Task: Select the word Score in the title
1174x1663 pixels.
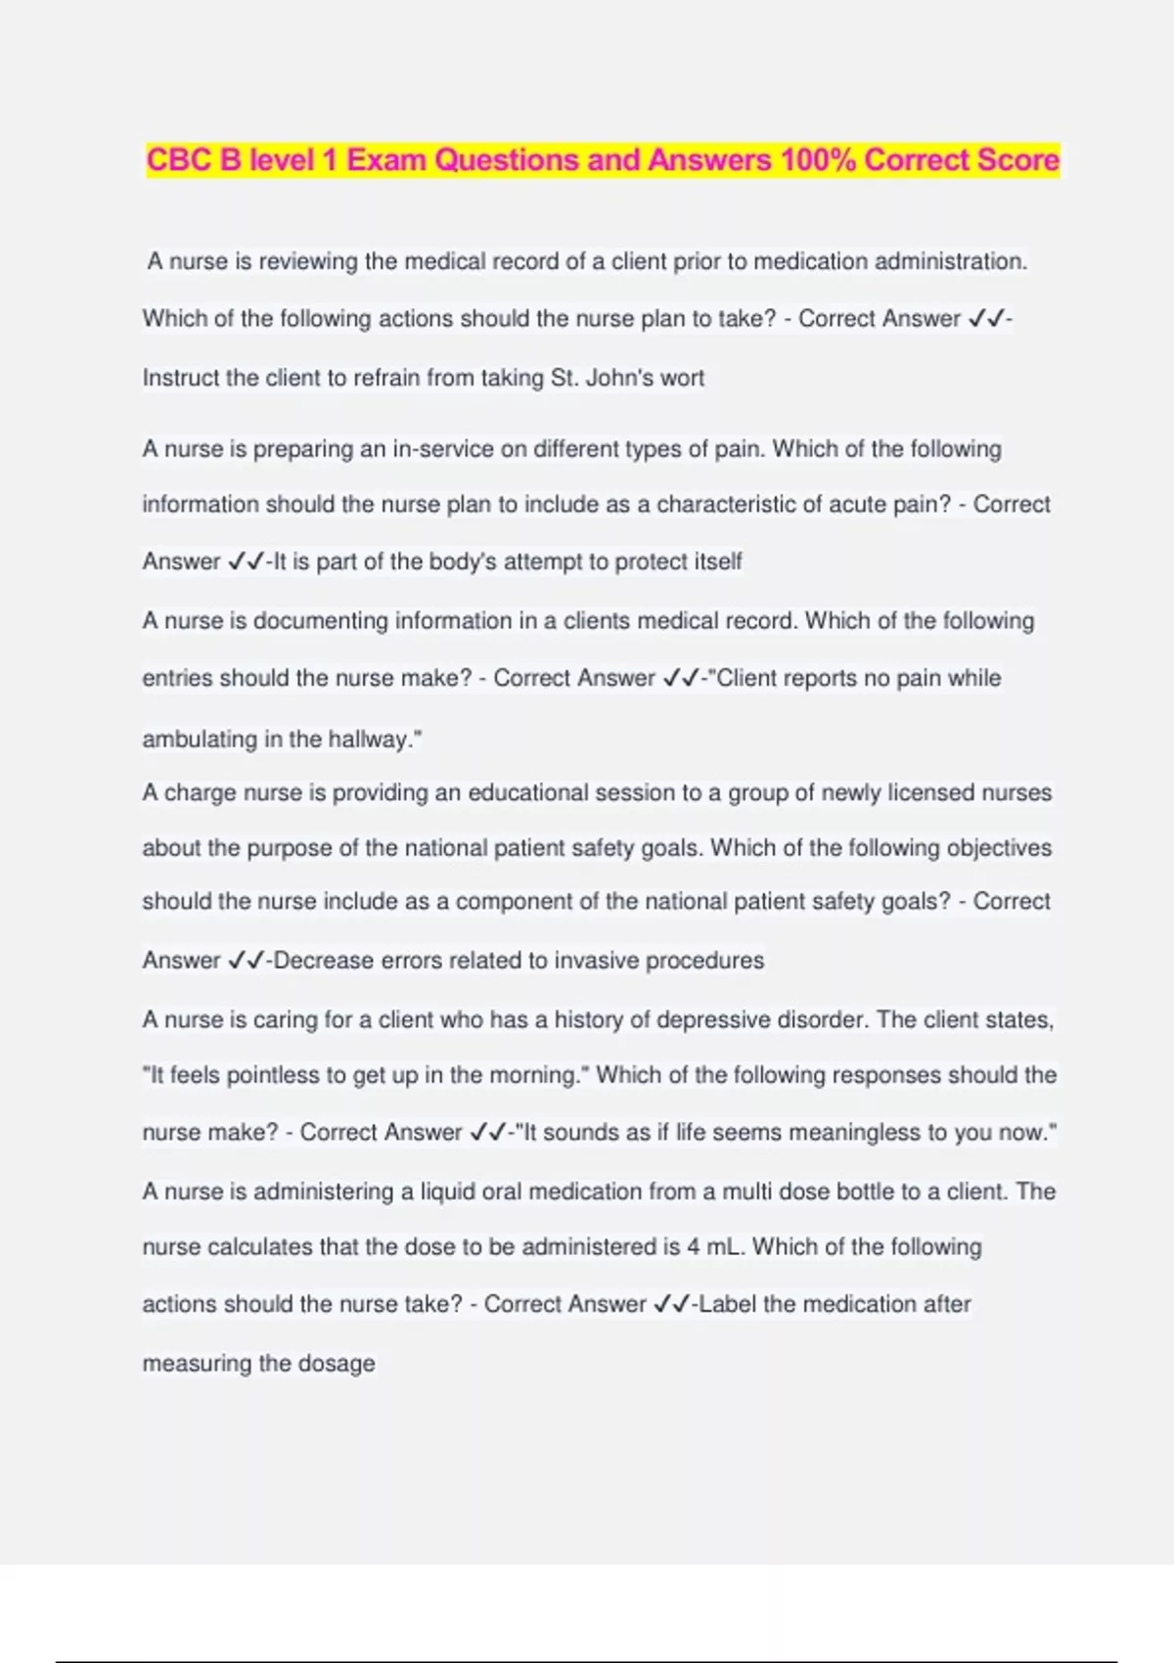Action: point(1016,159)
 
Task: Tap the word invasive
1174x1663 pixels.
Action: point(596,961)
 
